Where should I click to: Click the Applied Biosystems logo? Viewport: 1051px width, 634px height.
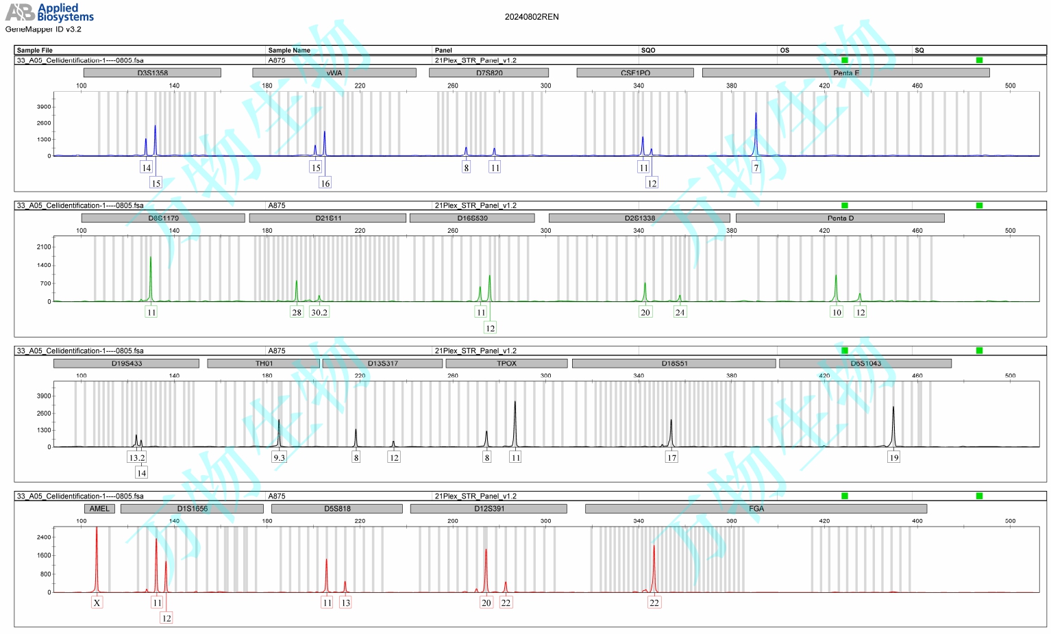tap(49, 12)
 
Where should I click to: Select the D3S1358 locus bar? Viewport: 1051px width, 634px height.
tap(152, 73)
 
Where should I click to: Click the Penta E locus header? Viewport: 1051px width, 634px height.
tap(845, 73)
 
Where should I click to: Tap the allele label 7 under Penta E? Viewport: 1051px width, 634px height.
tap(756, 168)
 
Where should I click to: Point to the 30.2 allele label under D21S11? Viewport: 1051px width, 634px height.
tap(319, 312)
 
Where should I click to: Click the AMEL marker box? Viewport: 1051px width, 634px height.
tap(99, 509)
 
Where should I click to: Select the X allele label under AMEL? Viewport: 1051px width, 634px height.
tap(97, 603)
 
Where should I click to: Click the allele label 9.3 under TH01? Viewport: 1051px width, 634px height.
tap(279, 457)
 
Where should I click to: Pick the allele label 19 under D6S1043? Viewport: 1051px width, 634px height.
tap(893, 457)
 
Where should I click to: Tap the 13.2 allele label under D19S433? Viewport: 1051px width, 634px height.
tap(137, 457)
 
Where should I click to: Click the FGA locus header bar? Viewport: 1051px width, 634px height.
tap(756, 509)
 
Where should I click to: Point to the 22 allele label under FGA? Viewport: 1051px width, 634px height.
tap(654, 603)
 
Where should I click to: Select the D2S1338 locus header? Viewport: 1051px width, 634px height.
tap(639, 218)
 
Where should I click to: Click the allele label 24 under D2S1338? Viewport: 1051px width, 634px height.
tap(680, 312)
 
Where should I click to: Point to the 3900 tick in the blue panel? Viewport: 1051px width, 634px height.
tap(44, 107)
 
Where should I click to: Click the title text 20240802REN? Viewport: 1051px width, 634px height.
tap(532, 17)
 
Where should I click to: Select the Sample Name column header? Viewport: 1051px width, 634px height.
tap(289, 50)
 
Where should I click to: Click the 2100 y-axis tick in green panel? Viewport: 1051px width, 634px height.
tap(44, 247)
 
